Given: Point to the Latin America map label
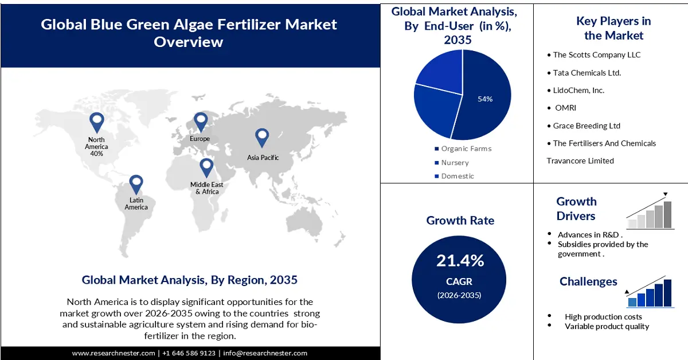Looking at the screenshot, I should point(136,204).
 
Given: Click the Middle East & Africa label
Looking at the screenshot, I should point(206,188).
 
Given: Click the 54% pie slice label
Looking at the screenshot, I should point(485,99).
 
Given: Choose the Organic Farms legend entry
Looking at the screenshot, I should point(466,148).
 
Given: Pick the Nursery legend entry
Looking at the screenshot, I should point(454,163).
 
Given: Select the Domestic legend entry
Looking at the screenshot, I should point(457,176).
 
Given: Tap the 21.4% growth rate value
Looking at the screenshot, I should point(460,261).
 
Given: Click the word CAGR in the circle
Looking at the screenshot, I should point(460,281).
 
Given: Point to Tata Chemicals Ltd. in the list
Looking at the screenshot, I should point(587,73).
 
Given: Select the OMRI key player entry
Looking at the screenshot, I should point(565,108).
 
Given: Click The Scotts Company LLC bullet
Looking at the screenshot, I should point(596,55).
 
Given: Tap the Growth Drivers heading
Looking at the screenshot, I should point(576,209).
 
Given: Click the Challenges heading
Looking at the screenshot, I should point(588,281).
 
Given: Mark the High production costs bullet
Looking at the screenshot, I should point(603,316).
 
